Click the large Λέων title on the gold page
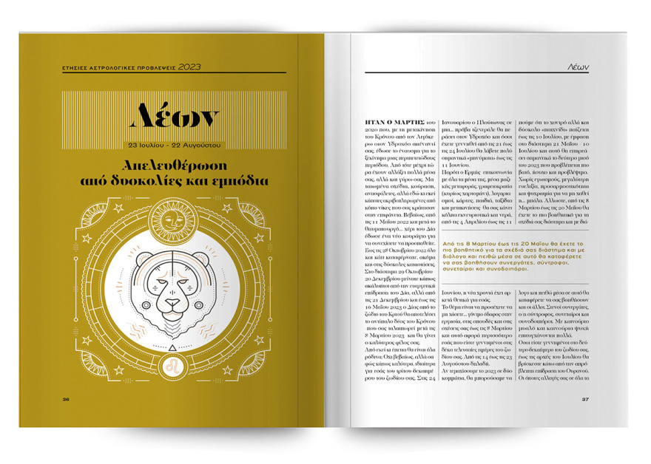point(175,115)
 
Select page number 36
point(66,400)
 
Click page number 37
point(584,400)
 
